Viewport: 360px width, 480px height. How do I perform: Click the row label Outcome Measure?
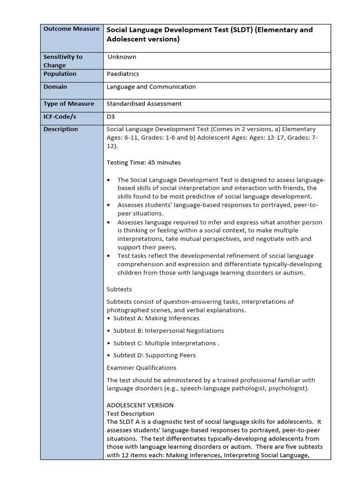71,29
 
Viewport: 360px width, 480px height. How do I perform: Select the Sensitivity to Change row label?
63,61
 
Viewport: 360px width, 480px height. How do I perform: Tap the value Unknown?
122,57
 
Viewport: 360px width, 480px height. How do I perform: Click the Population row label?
60,74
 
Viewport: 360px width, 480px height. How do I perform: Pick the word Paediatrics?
123,74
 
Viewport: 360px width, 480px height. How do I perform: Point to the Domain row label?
55,87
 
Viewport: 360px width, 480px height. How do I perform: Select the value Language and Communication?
151,87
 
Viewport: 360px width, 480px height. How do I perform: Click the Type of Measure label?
69,104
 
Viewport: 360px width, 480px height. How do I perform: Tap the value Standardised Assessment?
144,104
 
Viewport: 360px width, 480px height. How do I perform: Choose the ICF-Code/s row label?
60,116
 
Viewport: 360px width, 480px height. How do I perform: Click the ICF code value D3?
111,116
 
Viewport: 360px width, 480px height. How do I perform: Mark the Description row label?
61,129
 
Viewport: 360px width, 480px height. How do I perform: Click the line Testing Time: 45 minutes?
143,163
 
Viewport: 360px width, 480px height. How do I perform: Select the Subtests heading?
120,289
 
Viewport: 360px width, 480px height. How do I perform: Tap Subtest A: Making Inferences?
150,318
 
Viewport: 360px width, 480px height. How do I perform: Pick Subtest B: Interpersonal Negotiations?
165,330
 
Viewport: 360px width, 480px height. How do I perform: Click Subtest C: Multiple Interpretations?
163,343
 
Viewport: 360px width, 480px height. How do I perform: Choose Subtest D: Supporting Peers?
151,355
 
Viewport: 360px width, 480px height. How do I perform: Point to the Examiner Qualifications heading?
142,368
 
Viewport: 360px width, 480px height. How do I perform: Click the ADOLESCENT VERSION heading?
140,405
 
